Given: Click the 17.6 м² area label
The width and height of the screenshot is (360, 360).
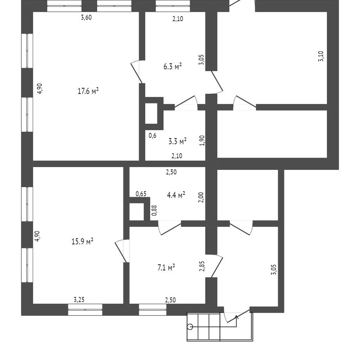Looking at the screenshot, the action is click(x=88, y=91).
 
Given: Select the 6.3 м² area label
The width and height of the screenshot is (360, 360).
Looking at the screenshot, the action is click(x=172, y=66).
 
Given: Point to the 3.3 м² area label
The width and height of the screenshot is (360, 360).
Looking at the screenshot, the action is click(x=178, y=141).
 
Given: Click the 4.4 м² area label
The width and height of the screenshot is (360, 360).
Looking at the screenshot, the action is click(x=176, y=195).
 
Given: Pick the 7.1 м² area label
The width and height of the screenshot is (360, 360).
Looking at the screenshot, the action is click(x=166, y=268).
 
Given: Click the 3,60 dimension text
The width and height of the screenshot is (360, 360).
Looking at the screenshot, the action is click(x=86, y=18).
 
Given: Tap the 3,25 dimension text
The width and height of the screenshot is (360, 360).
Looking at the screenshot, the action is click(x=79, y=300).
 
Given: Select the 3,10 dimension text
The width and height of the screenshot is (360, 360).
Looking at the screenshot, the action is click(x=321, y=57).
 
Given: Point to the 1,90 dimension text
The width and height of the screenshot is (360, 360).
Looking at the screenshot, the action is click(x=202, y=141).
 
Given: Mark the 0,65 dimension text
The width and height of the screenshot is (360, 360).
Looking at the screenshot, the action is click(x=141, y=194).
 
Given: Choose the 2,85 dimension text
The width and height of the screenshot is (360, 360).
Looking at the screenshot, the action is click(x=202, y=266).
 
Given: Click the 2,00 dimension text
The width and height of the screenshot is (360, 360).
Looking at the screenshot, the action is click(x=201, y=197).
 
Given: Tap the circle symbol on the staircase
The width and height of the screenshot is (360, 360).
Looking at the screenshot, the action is click(x=190, y=327).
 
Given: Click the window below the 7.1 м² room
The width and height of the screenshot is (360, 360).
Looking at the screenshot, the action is click(x=153, y=309).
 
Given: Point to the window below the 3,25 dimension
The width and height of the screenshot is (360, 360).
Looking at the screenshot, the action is click(x=85, y=309).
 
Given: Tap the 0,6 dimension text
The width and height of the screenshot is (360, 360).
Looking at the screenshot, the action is click(x=152, y=135).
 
